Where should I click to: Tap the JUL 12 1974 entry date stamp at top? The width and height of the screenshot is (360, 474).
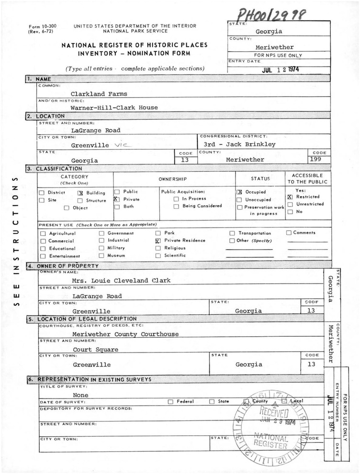[x=274, y=68]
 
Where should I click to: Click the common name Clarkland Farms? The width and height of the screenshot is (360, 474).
[x=99, y=94]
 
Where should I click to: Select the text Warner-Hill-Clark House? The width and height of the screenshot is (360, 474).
[x=114, y=108]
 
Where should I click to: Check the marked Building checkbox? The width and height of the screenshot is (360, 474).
[x=80, y=192]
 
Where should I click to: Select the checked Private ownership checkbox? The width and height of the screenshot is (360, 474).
[x=116, y=199]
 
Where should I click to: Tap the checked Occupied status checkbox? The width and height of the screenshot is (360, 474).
[x=239, y=192]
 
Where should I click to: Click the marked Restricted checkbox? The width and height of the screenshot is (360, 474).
[x=290, y=197]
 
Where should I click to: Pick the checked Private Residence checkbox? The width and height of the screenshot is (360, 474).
[x=158, y=242]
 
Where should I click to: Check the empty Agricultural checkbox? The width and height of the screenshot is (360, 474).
[x=44, y=234]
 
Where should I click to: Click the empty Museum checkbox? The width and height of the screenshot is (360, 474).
[x=101, y=256]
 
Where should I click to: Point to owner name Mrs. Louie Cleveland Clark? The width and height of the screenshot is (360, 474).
[x=121, y=280]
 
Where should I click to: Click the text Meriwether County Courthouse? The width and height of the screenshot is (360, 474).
[x=125, y=334]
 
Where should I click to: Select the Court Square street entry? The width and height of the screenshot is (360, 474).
[x=95, y=349]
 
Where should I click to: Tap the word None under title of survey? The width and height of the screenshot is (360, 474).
[x=80, y=395]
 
